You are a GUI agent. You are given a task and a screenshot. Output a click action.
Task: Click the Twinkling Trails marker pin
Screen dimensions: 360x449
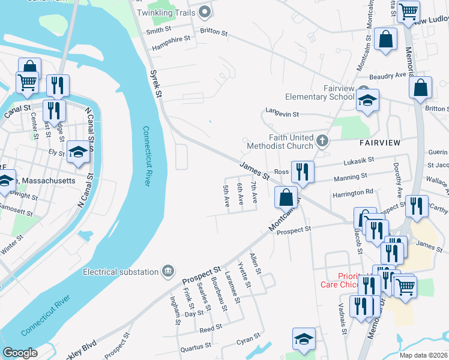[x=205, y=12]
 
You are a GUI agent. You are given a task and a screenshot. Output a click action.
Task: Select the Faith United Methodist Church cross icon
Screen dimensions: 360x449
[x=322, y=141]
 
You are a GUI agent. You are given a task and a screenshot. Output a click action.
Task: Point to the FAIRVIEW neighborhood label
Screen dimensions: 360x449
[x=379, y=143]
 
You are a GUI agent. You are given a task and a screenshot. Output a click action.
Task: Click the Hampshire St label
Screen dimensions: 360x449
[x=167, y=38]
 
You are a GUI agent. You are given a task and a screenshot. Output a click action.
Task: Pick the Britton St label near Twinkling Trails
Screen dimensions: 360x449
[x=214, y=30]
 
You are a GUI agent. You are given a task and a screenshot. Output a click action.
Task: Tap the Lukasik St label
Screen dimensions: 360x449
[x=359, y=160]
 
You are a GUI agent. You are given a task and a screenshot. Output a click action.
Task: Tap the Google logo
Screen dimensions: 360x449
[x=20, y=353]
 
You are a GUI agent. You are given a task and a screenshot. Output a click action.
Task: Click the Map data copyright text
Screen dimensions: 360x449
[x=423, y=355]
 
